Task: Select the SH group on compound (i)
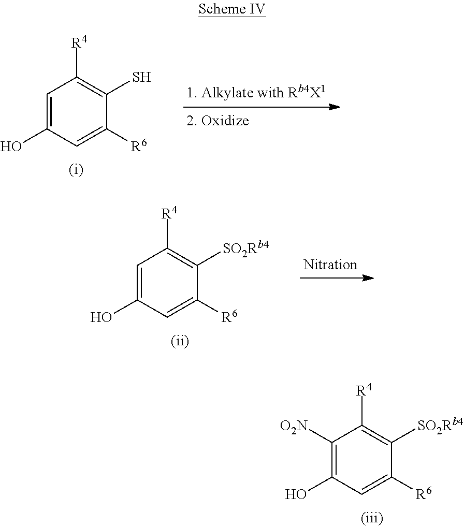click(141, 78)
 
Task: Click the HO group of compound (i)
click(11, 147)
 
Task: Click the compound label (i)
click(76, 170)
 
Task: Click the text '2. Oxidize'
click(218, 121)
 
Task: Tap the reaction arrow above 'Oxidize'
click(262, 107)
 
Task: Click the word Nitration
click(330, 265)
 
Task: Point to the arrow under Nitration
click(337, 278)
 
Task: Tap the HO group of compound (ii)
click(102, 317)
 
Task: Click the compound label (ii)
click(180, 341)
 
